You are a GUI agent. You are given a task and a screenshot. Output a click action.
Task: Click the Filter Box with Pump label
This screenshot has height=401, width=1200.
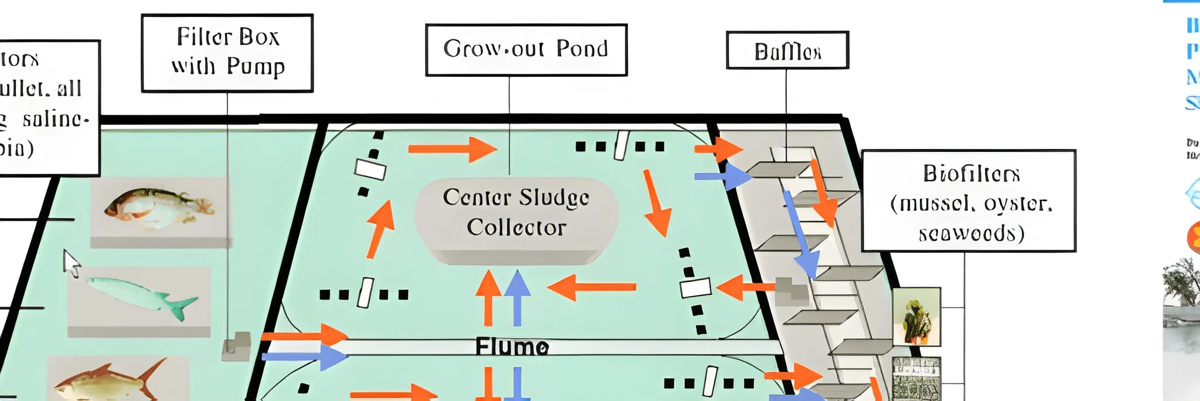(227, 53)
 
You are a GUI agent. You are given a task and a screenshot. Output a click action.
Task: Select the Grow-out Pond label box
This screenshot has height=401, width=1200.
(526, 50)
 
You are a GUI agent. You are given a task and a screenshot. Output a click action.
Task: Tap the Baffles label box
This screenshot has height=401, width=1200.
(787, 50)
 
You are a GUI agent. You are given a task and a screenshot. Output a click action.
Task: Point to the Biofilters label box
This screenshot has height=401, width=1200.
(968, 201)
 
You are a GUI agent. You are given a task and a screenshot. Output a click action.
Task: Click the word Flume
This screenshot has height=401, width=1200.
(512, 346)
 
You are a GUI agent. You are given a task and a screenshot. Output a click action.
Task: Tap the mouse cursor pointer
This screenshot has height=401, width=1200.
(71, 263)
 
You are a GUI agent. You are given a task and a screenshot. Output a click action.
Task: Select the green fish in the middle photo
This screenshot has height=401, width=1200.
(141, 295)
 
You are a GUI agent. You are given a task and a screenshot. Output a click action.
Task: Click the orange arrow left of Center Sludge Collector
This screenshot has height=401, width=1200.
(380, 229)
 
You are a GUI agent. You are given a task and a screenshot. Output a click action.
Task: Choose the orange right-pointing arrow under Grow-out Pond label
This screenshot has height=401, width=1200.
(452, 149)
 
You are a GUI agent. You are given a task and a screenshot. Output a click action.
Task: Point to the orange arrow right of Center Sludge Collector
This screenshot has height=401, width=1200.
(657, 202)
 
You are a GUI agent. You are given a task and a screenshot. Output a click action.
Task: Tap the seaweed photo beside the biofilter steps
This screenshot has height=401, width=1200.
(916, 317)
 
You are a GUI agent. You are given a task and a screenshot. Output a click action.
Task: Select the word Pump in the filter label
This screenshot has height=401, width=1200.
(255, 67)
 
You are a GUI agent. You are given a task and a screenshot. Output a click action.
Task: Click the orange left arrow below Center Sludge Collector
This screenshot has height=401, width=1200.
(591, 287)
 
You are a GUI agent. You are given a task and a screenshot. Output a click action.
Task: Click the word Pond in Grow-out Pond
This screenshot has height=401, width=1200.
(582, 49)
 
